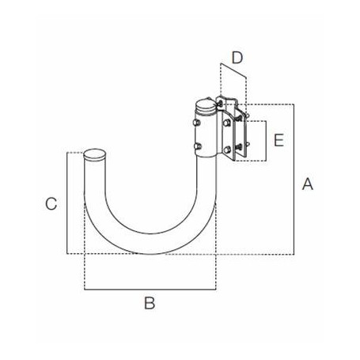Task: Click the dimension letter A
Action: [x=308, y=184]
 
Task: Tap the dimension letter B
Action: [x=148, y=302]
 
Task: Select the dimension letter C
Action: [x=50, y=203]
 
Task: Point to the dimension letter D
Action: [x=237, y=57]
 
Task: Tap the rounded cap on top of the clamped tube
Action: [x=205, y=104]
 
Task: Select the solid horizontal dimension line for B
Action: [x=149, y=289]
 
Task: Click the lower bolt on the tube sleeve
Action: [x=199, y=146]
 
